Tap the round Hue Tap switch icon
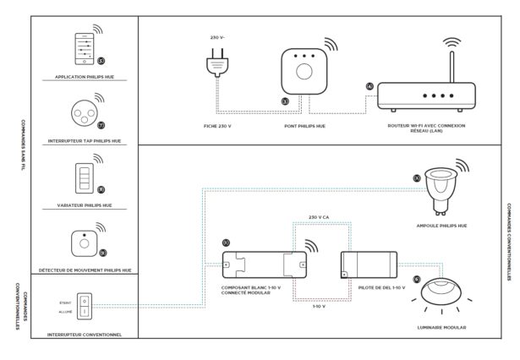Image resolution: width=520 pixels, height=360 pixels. click(x=84, y=115)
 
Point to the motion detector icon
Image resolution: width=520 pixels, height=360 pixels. click(x=85, y=241)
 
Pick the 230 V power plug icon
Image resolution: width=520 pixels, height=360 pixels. click(x=214, y=66)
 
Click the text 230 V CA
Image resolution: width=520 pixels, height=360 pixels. click(x=322, y=217)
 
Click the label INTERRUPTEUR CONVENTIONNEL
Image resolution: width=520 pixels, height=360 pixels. click(x=85, y=334)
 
